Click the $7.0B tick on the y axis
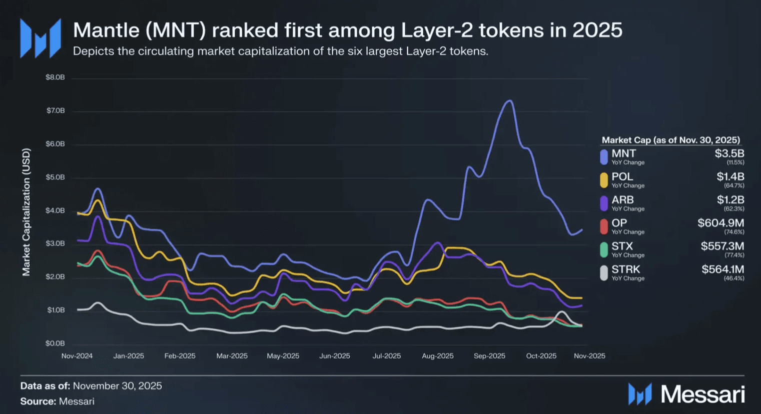(x=56, y=110)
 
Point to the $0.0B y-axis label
(x=56, y=343)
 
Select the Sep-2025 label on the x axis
(x=489, y=356)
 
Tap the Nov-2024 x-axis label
(x=77, y=356)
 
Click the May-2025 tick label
(x=283, y=356)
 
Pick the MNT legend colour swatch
(x=604, y=157)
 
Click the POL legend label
(x=622, y=176)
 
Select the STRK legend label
(x=625, y=269)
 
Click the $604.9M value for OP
(x=720, y=223)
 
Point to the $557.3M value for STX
(x=722, y=246)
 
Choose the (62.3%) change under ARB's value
(x=734, y=209)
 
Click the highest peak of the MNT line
(x=509, y=101)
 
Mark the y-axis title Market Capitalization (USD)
(x=27, y=211)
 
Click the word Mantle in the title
(x=106, y=30)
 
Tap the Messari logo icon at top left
(x=41, y=38)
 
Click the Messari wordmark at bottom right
(x=702, y=394)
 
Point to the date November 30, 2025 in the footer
(x=117, y=386)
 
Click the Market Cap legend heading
(x=670, y=140)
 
